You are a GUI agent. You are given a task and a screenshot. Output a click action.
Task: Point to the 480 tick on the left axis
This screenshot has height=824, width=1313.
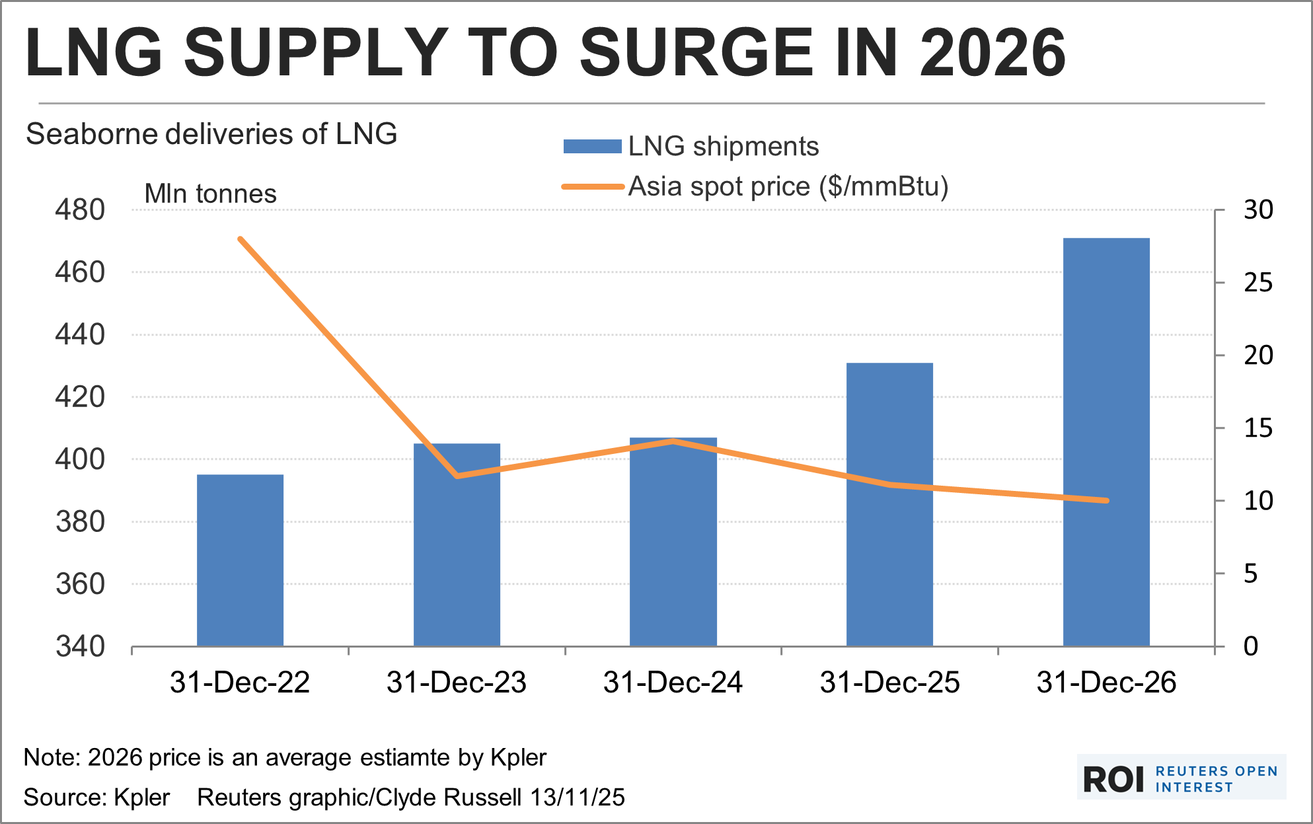[80, 210]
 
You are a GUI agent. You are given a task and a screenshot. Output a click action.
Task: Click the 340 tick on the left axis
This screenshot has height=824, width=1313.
[80, 646]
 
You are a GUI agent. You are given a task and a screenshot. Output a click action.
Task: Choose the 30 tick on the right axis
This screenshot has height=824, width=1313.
[1258, 210]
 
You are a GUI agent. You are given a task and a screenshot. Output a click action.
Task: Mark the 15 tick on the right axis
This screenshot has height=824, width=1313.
[1258, 428]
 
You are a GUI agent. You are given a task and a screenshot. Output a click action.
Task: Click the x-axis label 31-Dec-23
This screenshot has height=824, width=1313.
[456, 682]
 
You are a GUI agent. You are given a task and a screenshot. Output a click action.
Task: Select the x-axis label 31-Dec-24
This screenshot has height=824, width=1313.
[673, 682]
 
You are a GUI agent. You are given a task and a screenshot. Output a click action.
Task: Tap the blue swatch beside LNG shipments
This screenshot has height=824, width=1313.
[592, 147]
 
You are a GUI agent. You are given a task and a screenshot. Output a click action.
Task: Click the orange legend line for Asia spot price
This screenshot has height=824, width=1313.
[593, 187]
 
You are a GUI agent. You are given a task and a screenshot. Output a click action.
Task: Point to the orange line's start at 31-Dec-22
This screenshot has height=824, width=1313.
[240, 239]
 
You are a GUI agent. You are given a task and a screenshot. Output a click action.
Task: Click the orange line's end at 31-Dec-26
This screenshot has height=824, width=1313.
[1106, 500]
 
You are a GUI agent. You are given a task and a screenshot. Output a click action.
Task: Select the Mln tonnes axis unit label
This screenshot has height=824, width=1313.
[210, 194]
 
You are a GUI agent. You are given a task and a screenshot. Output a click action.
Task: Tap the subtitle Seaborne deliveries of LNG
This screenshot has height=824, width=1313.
[211, 134]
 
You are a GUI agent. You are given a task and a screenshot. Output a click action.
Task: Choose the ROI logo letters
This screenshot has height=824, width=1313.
[1113, 780]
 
